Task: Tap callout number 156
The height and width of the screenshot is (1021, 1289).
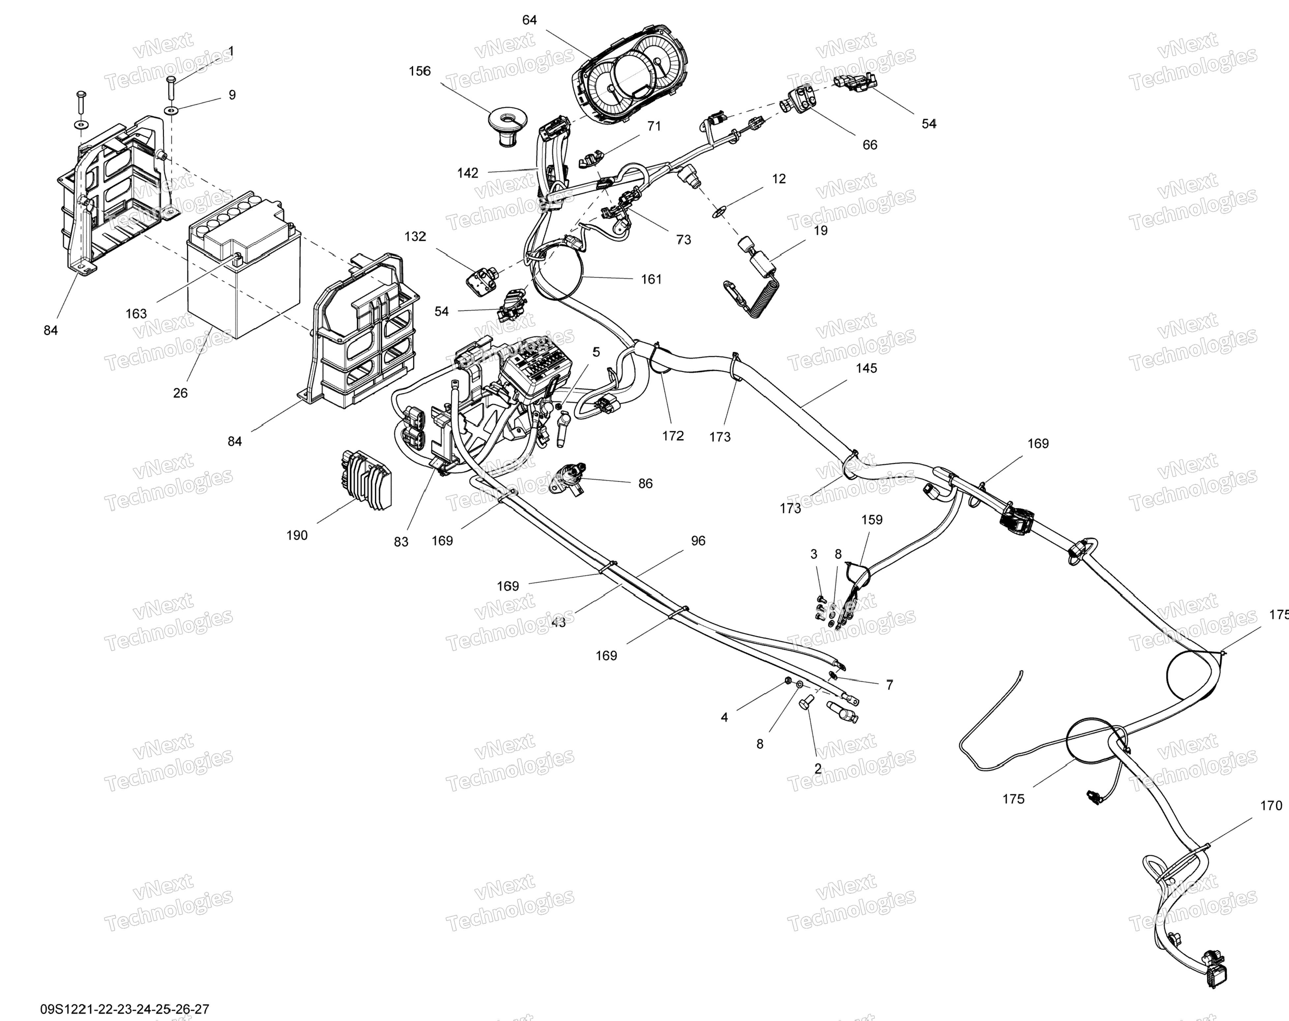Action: [420, 71]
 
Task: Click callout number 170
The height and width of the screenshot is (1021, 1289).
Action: [1271, 806]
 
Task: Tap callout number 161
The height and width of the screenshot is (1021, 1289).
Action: [651, 279]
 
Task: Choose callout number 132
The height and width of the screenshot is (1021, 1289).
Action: [415, 237]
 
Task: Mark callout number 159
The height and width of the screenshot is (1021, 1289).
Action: [871, 520]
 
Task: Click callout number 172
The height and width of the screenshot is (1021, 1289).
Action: [673, 436]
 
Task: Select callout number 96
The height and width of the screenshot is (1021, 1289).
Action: [698, 541]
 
